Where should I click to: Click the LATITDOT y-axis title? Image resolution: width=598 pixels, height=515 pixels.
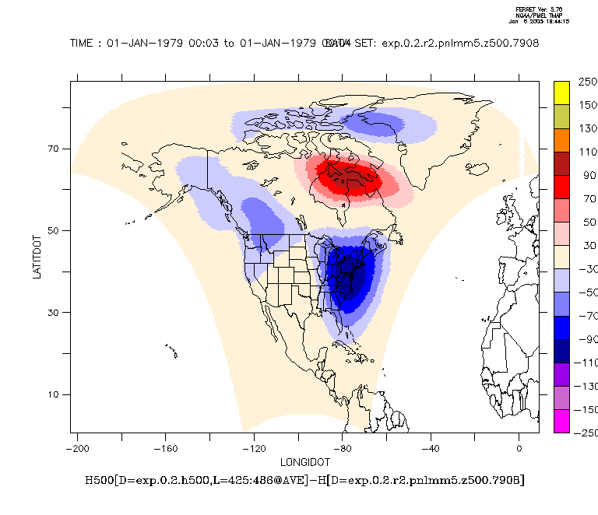tap(36, 256)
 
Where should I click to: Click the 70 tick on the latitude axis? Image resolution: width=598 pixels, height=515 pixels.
tap(56, 149)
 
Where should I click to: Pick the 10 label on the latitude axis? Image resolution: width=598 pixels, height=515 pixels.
tap(56, 394)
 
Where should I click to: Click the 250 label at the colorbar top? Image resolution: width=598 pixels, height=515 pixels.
tap(588, 82)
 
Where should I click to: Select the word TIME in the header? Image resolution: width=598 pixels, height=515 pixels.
tap(83, 43)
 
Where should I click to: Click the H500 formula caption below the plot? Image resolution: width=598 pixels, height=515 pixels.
tap(304, 480)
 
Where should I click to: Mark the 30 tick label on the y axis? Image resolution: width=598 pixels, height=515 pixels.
tap(56, 313)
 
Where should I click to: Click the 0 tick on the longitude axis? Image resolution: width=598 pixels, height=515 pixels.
tap(519, 448)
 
